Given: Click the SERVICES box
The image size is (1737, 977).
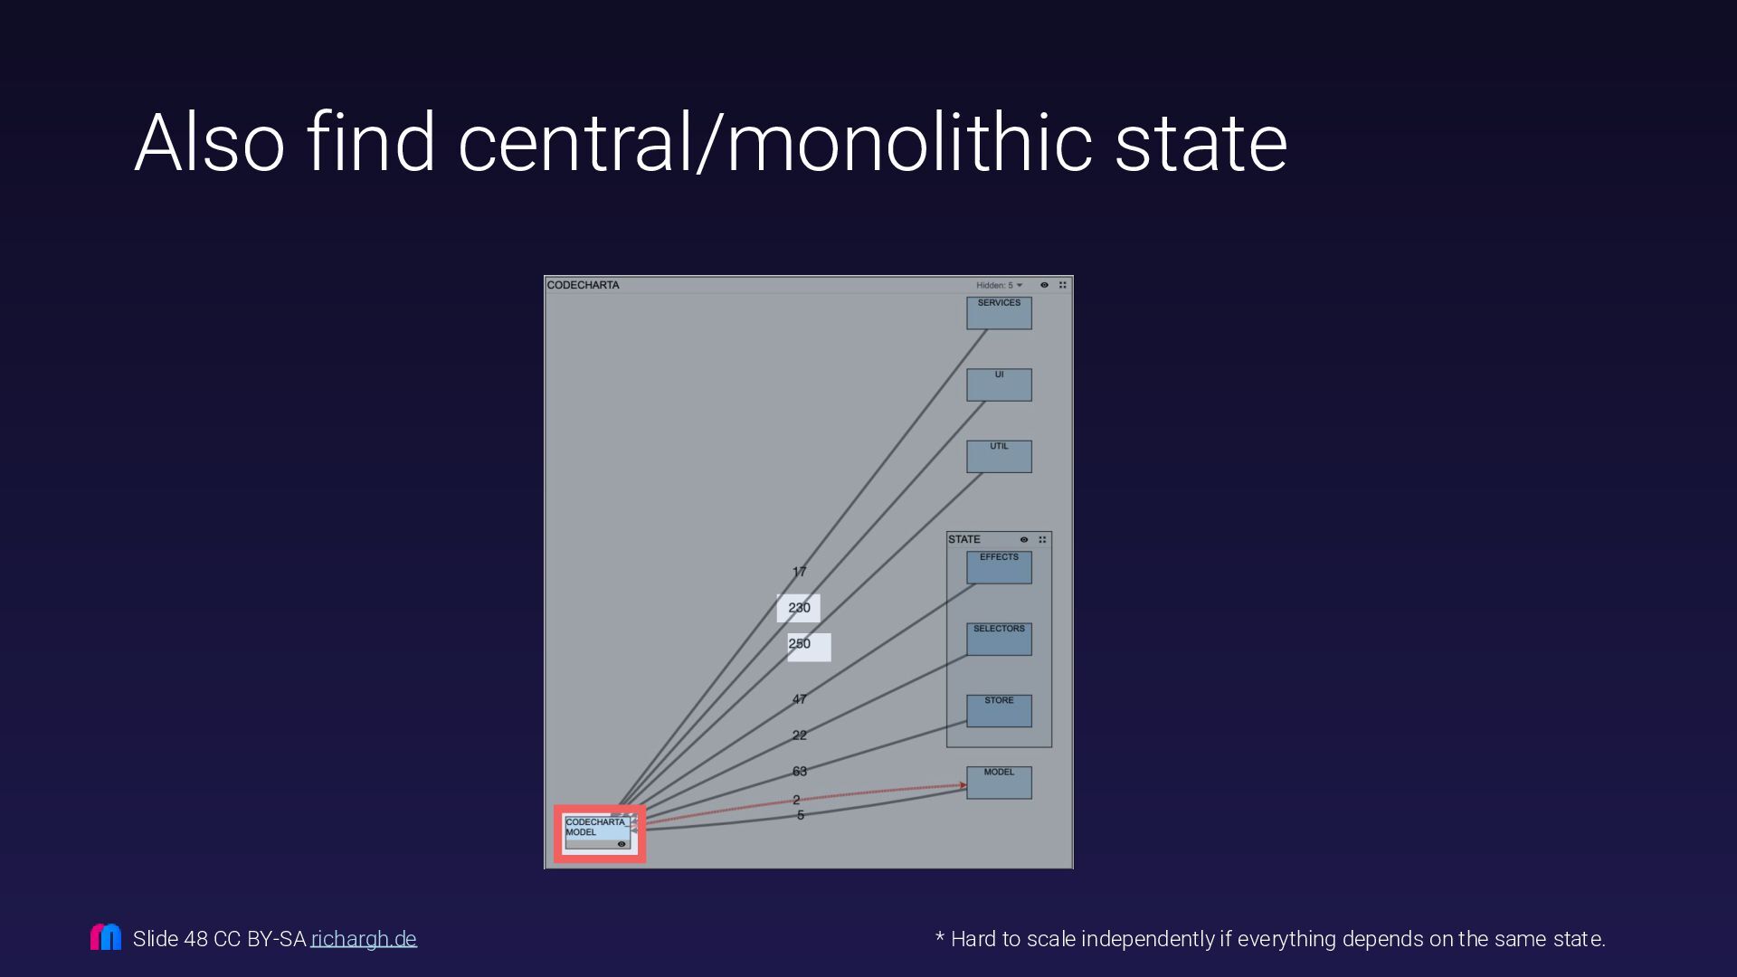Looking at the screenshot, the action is coord(999,313).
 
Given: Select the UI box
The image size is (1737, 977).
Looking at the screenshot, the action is coord(999,384).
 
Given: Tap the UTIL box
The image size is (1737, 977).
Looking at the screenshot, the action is coord(999,456).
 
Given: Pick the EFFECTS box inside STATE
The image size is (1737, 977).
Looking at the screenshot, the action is coord(999,567).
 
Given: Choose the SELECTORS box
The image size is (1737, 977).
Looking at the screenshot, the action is coord(999,639).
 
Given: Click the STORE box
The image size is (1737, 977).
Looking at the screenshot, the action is coord(999,710).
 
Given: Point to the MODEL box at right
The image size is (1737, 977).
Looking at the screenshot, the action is coord(999,783).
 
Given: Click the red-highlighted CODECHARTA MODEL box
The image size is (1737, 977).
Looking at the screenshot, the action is coord(598,832).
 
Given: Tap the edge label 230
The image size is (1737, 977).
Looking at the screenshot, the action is coord(799,608).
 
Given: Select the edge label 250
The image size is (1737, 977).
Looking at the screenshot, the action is coord(801,644).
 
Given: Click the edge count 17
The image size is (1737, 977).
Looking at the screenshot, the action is coord(799,572).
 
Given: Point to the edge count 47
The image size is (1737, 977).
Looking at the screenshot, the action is coord(799,699).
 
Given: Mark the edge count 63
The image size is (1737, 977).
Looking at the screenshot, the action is coord(799,772).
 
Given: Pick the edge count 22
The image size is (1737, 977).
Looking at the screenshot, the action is coord(799,735).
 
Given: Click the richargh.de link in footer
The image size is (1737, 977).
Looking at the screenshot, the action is coord(364,939).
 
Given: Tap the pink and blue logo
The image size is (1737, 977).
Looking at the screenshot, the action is coord(106,937).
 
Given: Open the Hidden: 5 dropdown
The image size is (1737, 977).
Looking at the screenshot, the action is coord(999,285).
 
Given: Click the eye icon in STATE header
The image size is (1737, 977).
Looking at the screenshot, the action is coord(1024,540).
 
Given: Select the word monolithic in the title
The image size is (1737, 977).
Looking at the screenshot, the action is coord(910,142).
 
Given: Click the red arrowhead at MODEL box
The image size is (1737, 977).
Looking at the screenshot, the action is coord(963,785).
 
